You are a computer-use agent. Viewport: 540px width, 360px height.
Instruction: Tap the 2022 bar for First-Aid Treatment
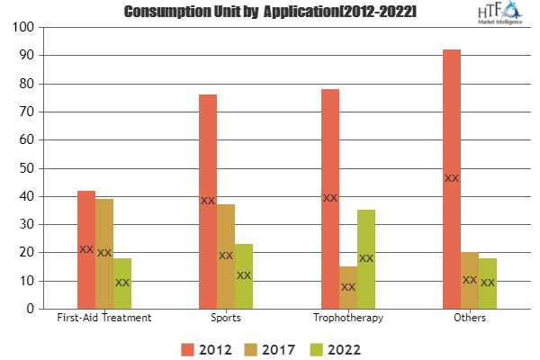[x=122, y=283]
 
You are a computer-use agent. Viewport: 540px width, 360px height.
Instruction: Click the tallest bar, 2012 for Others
[x=452, y=179]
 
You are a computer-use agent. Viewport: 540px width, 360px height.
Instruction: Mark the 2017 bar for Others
[x=470, y=280]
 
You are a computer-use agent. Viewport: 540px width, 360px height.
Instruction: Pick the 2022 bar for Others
[x=488, y=283]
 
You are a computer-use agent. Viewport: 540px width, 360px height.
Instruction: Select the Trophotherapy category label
[x=347, y=318]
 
